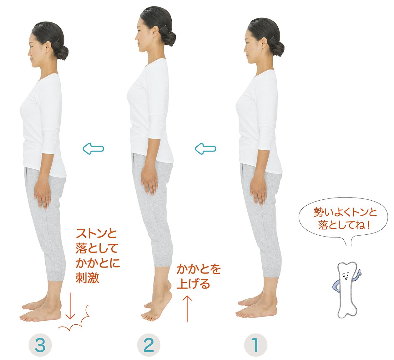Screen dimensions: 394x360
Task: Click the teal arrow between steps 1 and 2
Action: [205, 148]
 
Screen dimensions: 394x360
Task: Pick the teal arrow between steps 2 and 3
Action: [93, 148]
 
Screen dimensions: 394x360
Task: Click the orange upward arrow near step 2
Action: [187, 309]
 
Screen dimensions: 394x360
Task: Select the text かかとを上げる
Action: [199, 277]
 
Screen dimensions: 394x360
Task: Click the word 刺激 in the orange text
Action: [87, 278]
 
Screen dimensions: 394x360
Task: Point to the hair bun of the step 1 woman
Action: [277, 48]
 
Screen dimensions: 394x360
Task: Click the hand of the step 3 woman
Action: [43, 197]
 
